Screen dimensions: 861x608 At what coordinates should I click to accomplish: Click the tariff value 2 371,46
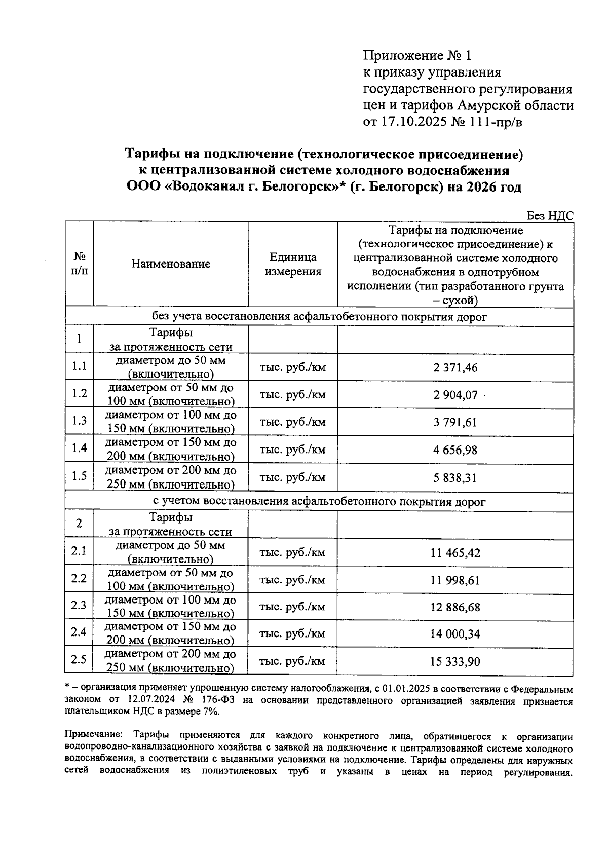pyautogui.click(x=455, y=368)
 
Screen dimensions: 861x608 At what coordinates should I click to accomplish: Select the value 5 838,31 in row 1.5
pyautogui.click(x=454, y=478)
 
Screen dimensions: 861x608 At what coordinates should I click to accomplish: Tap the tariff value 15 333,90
pyautogui.click(x=455, y=662)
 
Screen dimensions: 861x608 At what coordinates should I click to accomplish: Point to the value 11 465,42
pyautogui.click(x=455, y=552)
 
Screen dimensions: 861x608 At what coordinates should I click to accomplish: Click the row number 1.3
pyautogui.click(x=79, y=421)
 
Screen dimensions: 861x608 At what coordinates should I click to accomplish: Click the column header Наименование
pyautogui.click(x=171, y=264)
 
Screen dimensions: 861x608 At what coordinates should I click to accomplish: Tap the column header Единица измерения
pyautogui.click(x=293, y=264)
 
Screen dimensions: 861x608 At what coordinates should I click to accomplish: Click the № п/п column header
pyautogui.click(x=79, y=264)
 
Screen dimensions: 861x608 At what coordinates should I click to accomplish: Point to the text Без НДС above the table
pyautogui.click(x=550, y=216)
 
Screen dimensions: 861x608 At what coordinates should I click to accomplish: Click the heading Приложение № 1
pyautogui.click(x=417, y=55)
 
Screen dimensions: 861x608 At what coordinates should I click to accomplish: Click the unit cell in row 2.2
pyautogui.click(x=292, y=580)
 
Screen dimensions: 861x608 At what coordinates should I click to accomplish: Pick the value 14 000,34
pyautogui.click(x=455, y=634)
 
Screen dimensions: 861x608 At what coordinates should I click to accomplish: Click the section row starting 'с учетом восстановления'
pyautogui.click(x=319, y=502)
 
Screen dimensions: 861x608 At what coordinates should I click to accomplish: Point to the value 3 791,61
pyautogui.click(x=454, y=423)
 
